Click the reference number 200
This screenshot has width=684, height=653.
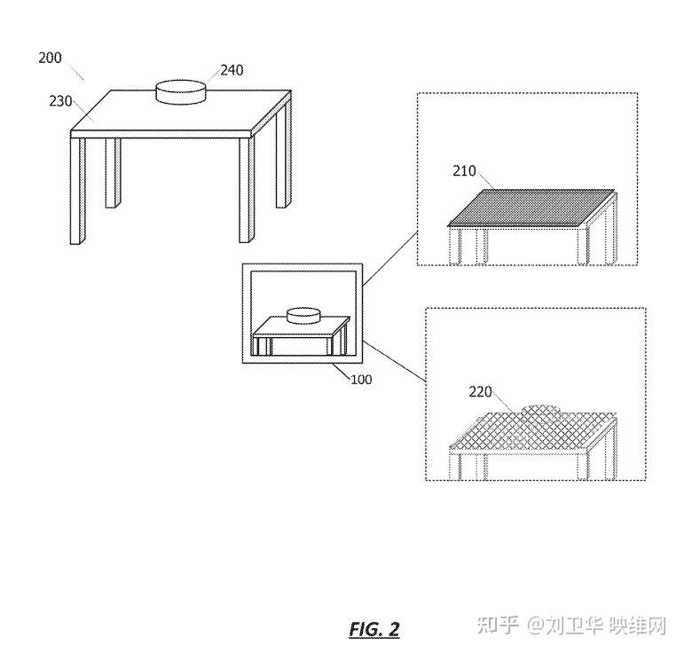50,58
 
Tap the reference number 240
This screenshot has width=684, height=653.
232,70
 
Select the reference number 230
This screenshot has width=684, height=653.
60,101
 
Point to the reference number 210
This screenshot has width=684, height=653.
465,171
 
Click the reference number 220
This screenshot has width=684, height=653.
480,390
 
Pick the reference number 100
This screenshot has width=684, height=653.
361,379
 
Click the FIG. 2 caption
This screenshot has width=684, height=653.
374,629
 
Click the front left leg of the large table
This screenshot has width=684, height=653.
78,190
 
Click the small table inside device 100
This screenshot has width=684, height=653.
301,340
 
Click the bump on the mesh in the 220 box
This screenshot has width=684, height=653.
542,409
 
